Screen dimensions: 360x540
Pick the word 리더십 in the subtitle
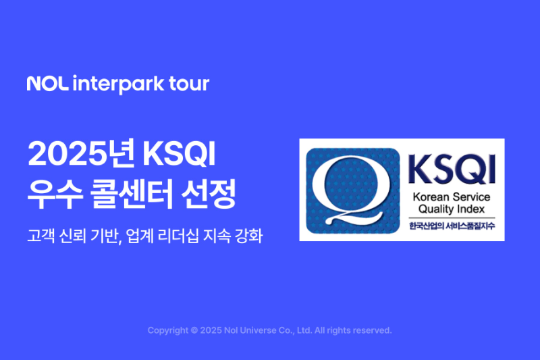click(183, 238)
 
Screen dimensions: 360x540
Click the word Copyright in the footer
click(169, 331)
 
